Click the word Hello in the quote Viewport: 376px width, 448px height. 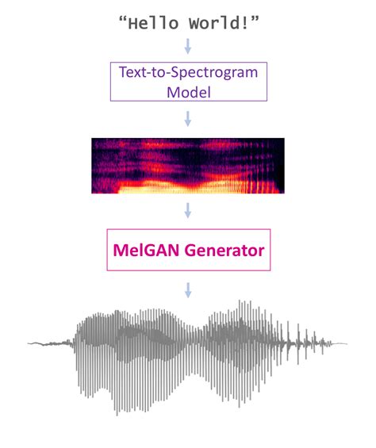click(x=154, y=24)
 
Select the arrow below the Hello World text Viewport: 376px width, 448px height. click(x=188, y=45)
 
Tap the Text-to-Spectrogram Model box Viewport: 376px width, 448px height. click(x=188, y=82)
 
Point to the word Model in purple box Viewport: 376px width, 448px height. click(x=188, y=91)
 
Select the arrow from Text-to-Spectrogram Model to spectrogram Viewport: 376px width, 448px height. click(x=188, y=118)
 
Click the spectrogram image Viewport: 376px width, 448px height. click(x=188, y=166)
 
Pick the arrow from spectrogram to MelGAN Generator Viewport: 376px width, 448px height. click(x=188, y=211)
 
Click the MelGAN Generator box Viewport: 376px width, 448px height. click(x=188, y=250)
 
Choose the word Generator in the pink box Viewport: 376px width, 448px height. click(x=223, y=251)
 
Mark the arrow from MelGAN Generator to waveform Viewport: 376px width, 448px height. click(x=188, y=289)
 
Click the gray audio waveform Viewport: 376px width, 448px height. click(x=188, y=349)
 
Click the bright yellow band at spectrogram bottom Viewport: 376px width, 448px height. click(x=159, y=188)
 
